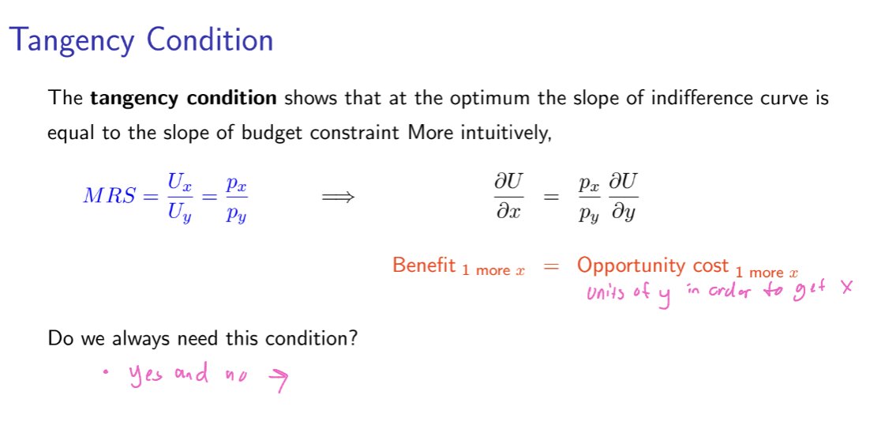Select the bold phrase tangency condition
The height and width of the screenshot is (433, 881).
click(x=183, y=99)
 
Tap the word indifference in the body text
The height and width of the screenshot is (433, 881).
click(x=695, y=99)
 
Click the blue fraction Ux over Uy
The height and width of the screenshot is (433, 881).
click(x=180, y=197)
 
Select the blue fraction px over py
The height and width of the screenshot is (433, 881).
click(x=235, y=197)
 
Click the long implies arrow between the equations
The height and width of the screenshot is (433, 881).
click(x=338, y=197)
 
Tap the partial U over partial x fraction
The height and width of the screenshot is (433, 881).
click(x=508, y=197)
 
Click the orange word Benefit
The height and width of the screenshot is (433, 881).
click(x=424, y=265)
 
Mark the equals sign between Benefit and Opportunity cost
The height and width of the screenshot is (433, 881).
click(x=551, y=267)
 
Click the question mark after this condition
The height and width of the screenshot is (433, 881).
click(x=354, y=339)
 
